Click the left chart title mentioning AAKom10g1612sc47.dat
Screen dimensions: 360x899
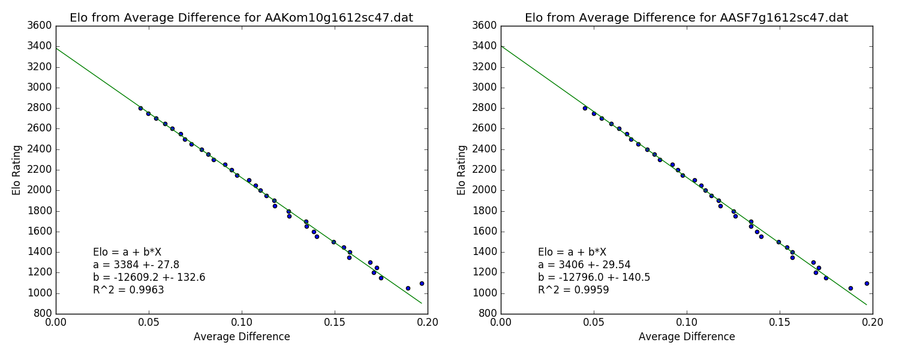pyautogui.click(x=241, y=18)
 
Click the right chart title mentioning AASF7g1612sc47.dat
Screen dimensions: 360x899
pyautogui.click(x=686, y=18)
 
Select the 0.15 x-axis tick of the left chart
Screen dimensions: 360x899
pyautogui.click(x=335, y=322)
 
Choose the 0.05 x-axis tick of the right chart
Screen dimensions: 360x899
pyautogui.click(x=594, y=322)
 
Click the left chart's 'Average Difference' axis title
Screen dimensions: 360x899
pyautogui.click(x=242, y=337)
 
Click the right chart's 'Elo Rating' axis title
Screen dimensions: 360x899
pyautogui.click(x=461, y=170)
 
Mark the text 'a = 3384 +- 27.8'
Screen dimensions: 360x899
pyautogui.click(x=136, y=265)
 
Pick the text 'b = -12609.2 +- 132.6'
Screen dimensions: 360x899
pyautogui.click(x=149, y=277)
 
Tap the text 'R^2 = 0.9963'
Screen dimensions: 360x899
pyautogui.click(x=128, y=290)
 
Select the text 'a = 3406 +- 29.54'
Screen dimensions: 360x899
pyautogui.click(x=584, y=265)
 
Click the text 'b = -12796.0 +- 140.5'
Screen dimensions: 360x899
pyautogui.click(x=594, y=277)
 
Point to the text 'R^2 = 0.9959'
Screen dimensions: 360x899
pyautogui.click(x=573, y=290)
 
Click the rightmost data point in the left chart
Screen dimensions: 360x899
pyautogui.click(x=422, y=283)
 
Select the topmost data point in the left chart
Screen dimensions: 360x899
pyautogui.click(x=140, y=108)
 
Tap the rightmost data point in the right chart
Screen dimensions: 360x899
pyautogui.click(x=867, y=283)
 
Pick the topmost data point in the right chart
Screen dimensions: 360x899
pyautogui.click(x=585, y=108)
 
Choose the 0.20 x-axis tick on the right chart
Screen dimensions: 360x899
pyautogui.click(x=872, y=322)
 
